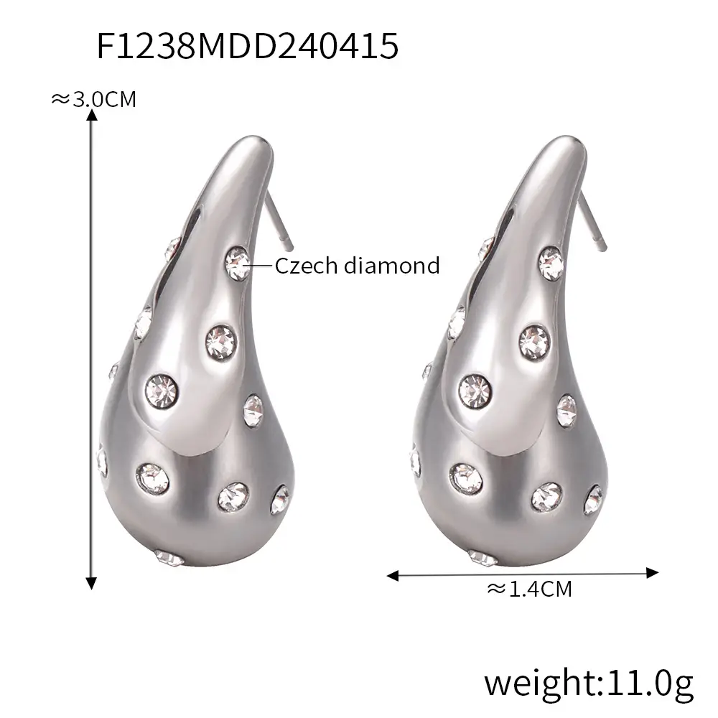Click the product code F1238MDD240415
coord(247,46)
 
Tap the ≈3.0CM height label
coord(93,99)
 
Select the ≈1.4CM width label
coord(529,589)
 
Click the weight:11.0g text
coord(589,684)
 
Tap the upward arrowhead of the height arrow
coord(92,115)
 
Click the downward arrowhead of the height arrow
coord(92,583)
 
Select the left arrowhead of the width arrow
coord(393,576)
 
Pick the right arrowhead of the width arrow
coord(652,572)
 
